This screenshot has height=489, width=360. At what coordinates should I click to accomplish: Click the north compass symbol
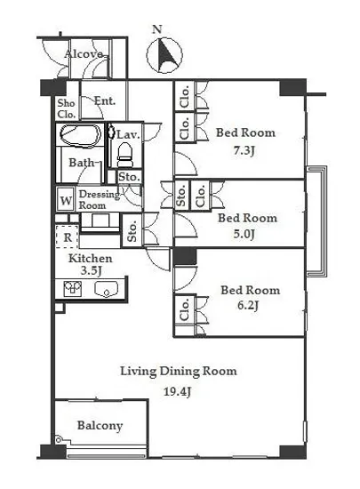[164, 55]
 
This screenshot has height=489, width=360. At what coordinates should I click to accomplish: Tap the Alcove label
[84, 54]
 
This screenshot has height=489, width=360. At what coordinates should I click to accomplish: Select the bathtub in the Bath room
[81, 135]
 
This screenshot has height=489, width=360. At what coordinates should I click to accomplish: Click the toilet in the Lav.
[125, 155]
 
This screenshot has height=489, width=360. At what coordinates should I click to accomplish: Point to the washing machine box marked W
[66, 200]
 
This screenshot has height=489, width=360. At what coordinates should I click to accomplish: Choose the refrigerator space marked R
[68, 236]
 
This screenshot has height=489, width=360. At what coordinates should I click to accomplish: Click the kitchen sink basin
[107, 289]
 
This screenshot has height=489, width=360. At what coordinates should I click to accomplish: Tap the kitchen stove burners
[73, 288]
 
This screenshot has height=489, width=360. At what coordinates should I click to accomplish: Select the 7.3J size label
[244, 151]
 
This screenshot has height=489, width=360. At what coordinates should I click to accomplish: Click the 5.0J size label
[244, 234]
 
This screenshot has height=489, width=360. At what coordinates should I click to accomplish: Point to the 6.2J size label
[248, 305]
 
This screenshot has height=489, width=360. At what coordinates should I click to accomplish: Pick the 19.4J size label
[177, 392]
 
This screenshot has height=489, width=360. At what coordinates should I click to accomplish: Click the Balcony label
[100, 426]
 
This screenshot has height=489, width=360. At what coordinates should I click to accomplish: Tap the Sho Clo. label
[67, 108]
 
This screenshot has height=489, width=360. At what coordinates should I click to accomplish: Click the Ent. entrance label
[105, 100]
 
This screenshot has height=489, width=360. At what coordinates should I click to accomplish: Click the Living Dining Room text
[179, 372]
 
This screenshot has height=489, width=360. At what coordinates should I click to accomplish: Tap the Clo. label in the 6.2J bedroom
[185, 309]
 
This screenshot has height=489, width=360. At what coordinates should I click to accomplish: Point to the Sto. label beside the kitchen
[132, 231]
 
